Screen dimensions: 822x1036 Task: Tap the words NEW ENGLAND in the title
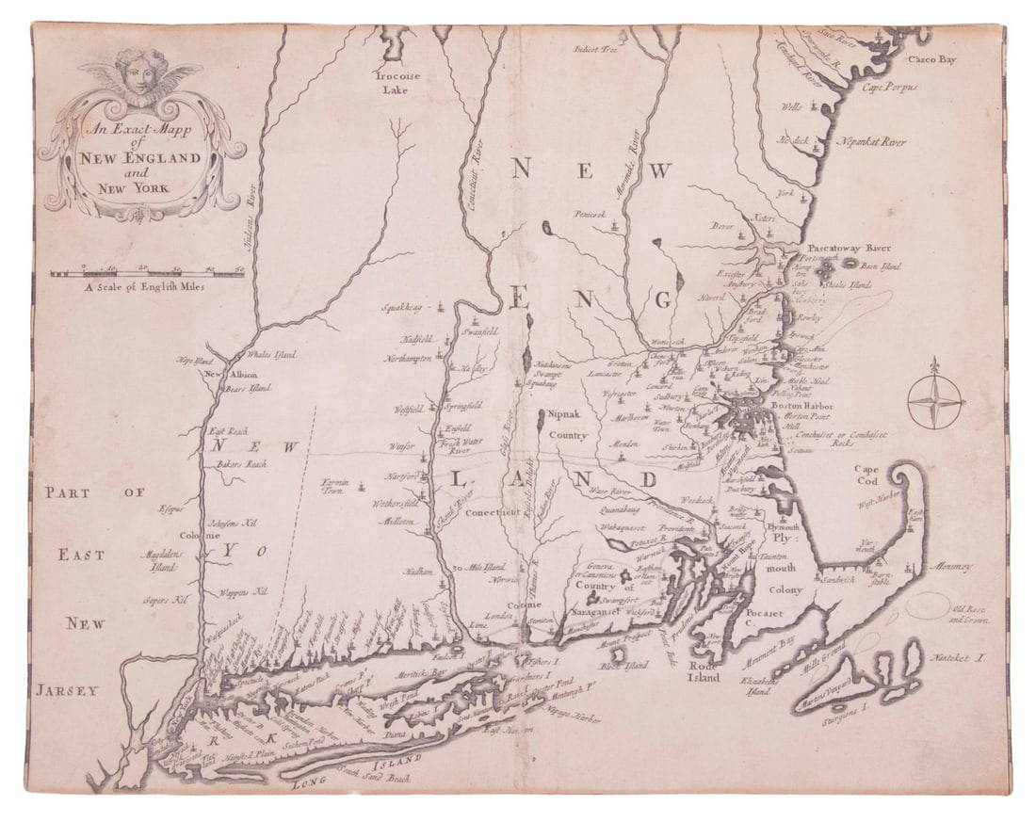pyautogui.click(x=140, y=157)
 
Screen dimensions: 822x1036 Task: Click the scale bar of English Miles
pyautogui.click(x=148, y=273)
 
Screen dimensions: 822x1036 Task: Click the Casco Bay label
pyautogui.click(x=931, y=59)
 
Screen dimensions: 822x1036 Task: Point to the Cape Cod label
pyautogui.click(x=867, y=475)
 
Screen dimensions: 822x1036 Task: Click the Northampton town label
pyautogui.click(x=408, y=359)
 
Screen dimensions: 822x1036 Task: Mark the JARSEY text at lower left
pyautogui.click(x=68, y=690)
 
